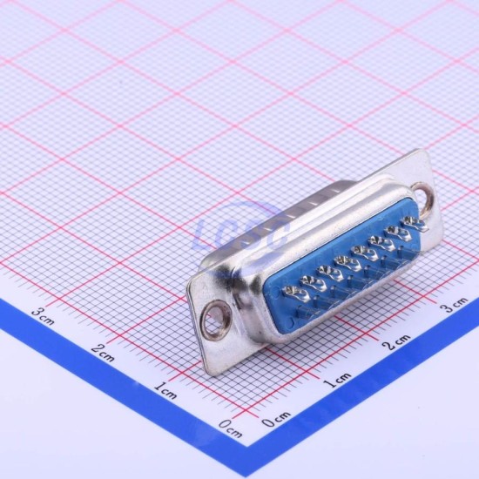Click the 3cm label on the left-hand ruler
click(43, 316)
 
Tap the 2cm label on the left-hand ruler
click(103, 353)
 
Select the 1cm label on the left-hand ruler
click(165, 390)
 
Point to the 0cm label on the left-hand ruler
click(230, 428)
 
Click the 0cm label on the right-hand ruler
click(276, 419)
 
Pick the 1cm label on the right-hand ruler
click(337, 380)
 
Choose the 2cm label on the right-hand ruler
click(397, 342)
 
